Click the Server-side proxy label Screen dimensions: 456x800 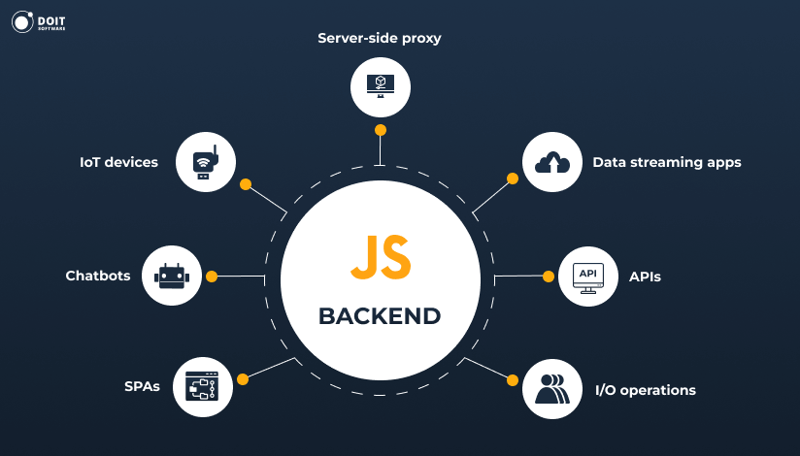click(380, 38)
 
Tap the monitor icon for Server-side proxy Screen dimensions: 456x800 click(381, 86)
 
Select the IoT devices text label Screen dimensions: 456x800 click(118, 162)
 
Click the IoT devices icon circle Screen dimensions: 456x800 click(206, 161)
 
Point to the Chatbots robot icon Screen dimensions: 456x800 click(172, 277)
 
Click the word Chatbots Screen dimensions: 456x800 click(98, 276)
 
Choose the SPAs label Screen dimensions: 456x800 click(142, 386)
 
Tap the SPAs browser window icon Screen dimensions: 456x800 click(202, 386)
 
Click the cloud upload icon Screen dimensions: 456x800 click(552, 161)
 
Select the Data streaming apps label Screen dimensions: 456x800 click(667, 162)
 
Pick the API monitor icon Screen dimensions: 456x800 click(588, 277)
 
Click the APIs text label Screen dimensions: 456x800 click(645, 277)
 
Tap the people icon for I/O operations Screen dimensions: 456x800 click(552, 387)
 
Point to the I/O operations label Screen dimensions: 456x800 click(646, 390)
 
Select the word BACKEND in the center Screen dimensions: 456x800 click(380, 316)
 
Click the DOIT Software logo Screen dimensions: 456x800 click(45, 22)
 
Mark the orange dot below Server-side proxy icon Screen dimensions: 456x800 click(381, 130)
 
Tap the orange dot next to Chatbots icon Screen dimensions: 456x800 click(212, 277)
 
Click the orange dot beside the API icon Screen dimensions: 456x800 click(549, 277)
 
